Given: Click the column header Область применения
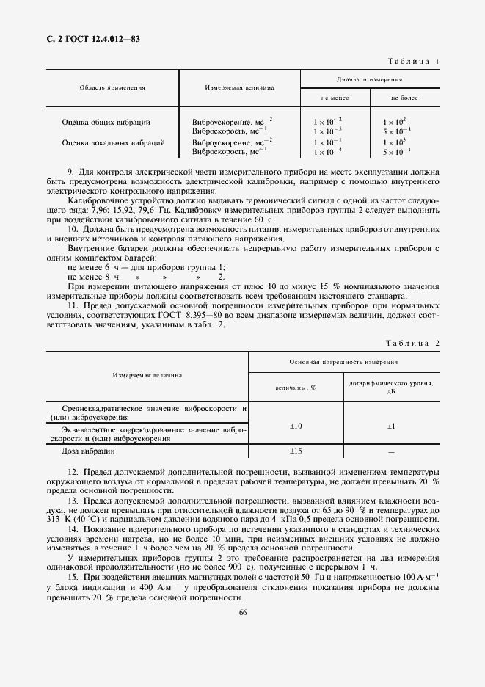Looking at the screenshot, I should [x=112, y=87].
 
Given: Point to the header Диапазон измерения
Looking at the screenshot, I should [x=369, y=78].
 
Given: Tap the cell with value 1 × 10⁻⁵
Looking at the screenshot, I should [x=327, y=131].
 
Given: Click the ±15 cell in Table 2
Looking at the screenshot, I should [x=296, y=451].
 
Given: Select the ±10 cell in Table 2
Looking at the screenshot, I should [x=296, y=426].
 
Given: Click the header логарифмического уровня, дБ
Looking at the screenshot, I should [x=391, y=388].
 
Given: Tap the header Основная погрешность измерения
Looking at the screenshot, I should [x=343, y=362].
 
